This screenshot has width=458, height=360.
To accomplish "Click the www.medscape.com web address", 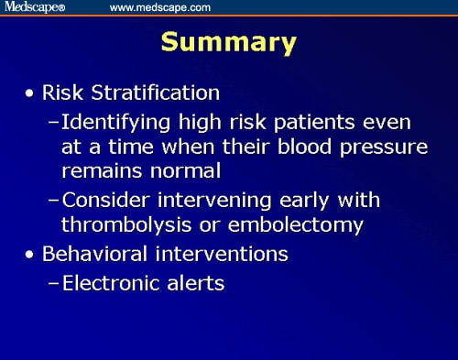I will tap(160, 7).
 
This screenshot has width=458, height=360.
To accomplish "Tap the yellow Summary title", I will tap(229, 43).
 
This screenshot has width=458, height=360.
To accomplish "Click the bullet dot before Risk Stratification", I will tap(33, 94).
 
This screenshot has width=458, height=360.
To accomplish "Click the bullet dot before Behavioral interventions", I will tap(33, 254).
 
